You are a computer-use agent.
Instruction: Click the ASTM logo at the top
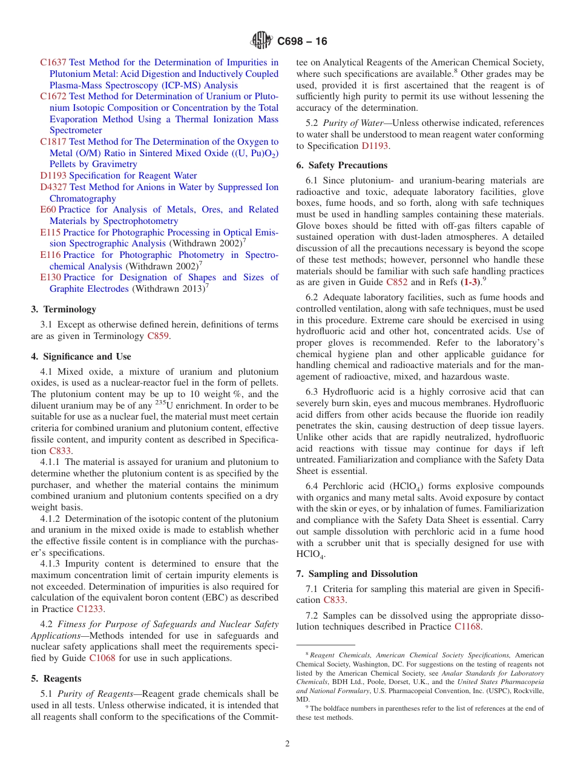tap(261, 41)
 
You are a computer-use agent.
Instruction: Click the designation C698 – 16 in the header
tap(302, 42)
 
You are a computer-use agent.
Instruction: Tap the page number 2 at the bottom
tap(287, 744)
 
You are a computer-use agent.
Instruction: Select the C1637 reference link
tap(53, 62)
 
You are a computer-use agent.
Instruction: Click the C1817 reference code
tap(53, 142)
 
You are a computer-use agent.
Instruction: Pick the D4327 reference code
tap(53, 187)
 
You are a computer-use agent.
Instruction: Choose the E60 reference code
tap(48, 209)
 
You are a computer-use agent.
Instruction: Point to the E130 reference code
tap(50, 277)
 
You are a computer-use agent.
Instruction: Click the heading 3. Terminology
tap(64, 309)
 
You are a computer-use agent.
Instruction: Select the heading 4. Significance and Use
tap(81, 357)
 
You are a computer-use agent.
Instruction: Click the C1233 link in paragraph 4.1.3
tap(90, 609)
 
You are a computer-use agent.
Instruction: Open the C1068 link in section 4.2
tap(102, 658)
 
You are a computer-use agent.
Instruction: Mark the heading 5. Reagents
tap(56, 679)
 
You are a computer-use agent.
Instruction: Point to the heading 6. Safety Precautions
tap(342, 165)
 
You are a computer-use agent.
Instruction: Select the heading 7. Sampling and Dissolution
tap(357, 574)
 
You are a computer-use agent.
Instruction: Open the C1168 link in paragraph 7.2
tap(467, 627)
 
